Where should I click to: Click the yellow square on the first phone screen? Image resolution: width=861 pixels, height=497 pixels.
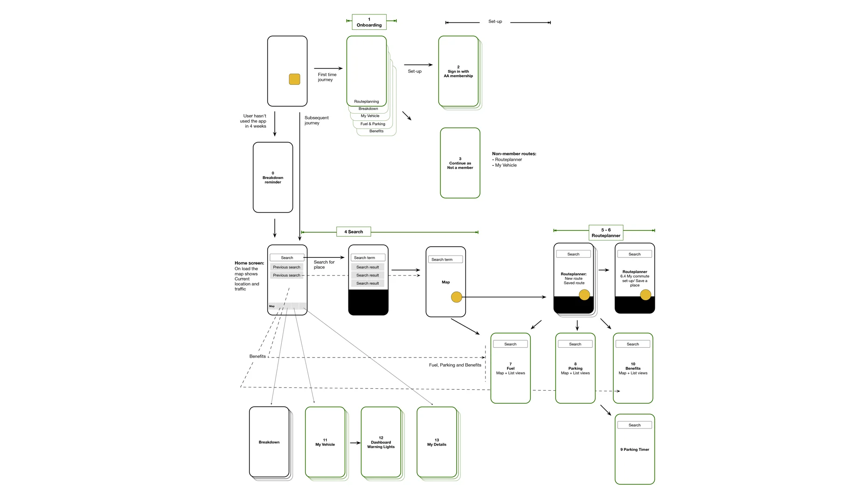pos(294,79)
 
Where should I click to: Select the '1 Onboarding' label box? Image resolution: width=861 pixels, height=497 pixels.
pos(369,22)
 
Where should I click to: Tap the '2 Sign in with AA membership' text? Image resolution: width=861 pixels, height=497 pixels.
pos(458,72)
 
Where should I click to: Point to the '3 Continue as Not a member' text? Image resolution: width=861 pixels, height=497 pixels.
pos(460,164)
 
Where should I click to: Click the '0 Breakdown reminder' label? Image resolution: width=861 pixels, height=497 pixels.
pos(273,178)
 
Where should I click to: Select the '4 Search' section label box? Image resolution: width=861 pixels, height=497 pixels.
pos(354,232)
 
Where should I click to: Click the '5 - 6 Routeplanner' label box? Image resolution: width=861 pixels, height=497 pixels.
pos(606,233)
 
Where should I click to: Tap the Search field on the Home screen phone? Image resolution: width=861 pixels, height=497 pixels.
pos(287,257)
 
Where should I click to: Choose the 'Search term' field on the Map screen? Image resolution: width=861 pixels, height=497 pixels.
pos(445,259)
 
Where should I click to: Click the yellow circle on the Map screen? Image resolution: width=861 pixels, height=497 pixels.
pos(457,297)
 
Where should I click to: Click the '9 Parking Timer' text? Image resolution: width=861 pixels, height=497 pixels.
pos(634,449)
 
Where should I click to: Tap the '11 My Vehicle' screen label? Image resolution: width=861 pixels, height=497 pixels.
pos(325,442)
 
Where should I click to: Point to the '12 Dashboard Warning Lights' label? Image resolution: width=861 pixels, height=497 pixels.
pos(381,442)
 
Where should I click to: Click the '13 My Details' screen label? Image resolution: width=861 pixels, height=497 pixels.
pos(437,442)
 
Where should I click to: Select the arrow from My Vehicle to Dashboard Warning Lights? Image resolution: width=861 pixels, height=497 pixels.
pos(355,443)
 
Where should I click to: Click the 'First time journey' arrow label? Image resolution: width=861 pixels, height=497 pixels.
pos(327,77)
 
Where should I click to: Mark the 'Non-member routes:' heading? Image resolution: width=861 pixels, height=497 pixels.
pos(514,154)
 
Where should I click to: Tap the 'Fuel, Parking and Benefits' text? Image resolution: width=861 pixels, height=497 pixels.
pos(455,365)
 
